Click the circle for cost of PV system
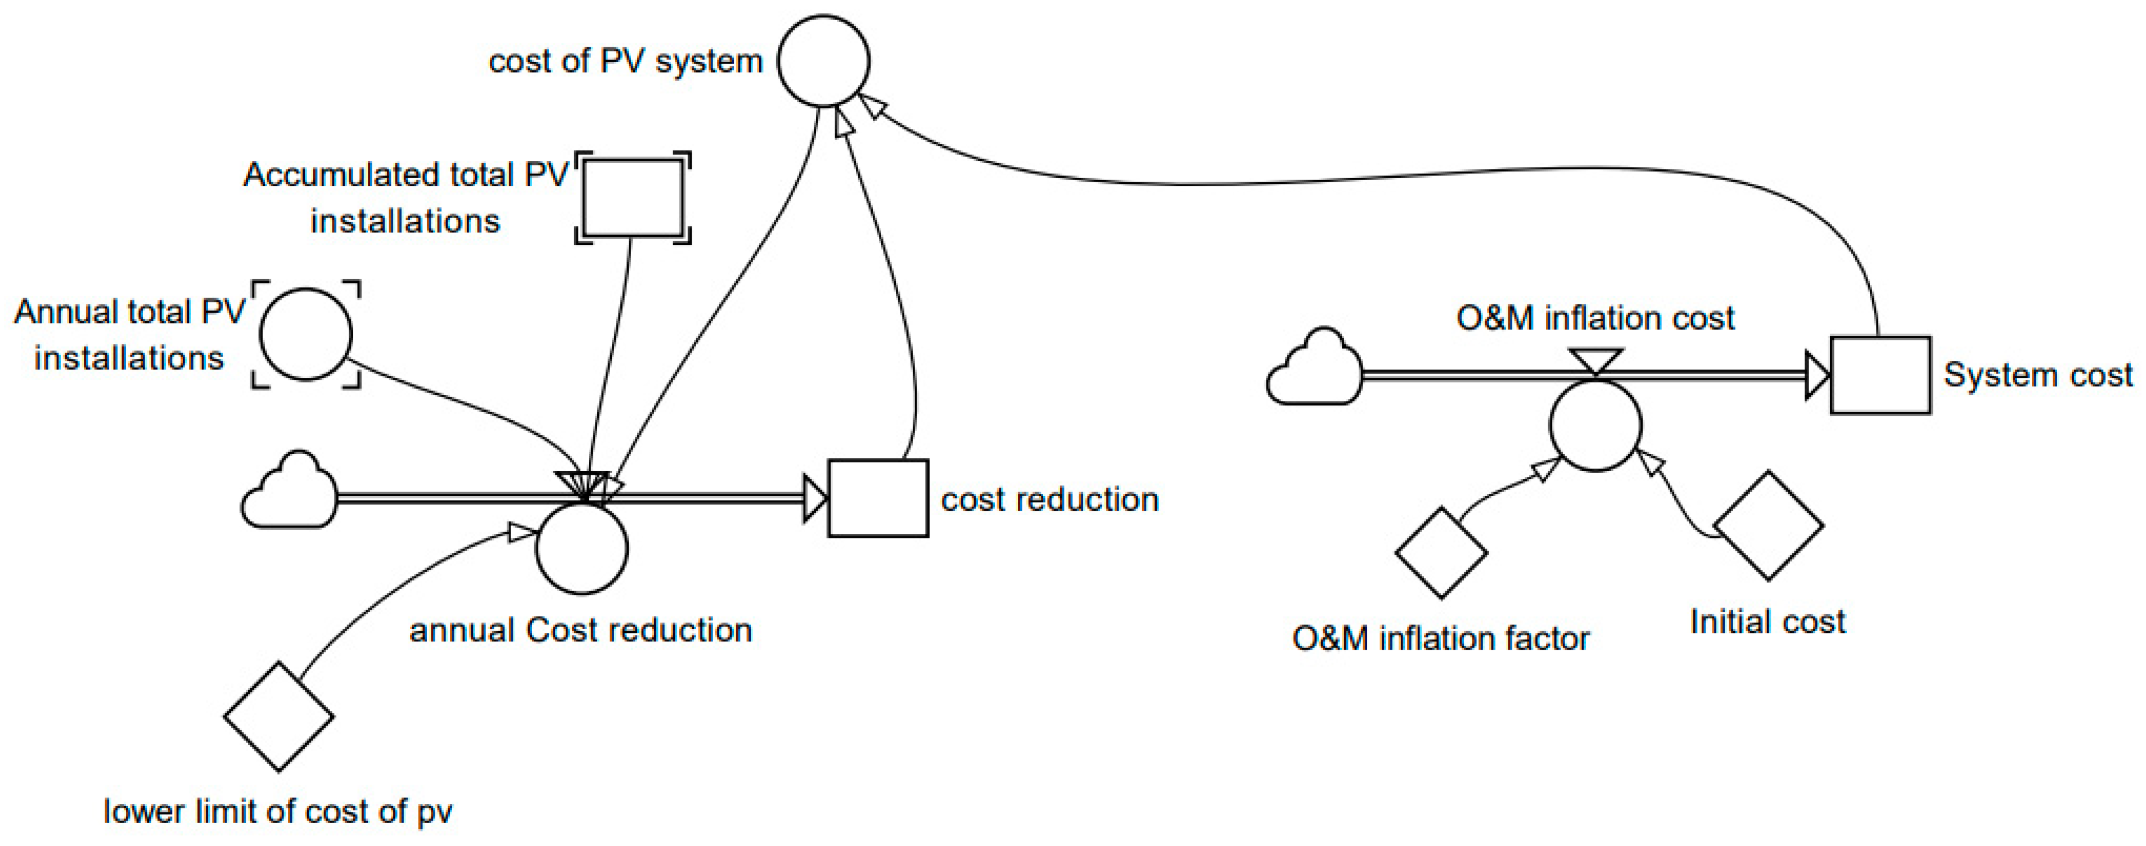click(x=824, y=61)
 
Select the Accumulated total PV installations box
click(x=633, y=197)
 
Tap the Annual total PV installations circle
click(x=306, y=334)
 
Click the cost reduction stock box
click(x=877, y=498)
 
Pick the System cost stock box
click(x=1879, y=375)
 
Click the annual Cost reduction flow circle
click(x=581, y=548)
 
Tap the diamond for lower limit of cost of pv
click(x=278, y=716)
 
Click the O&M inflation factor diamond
click(x=1441, y=552)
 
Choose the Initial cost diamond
click(x=1768, y=526)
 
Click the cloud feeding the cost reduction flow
click(x=289, y=493)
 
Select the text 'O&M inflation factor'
click(x=1440, y=638)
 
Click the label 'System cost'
click(x=2037, y=375)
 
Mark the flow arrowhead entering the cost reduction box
click(x=814, y=498)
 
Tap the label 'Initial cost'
click(x=1767, y=622)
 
